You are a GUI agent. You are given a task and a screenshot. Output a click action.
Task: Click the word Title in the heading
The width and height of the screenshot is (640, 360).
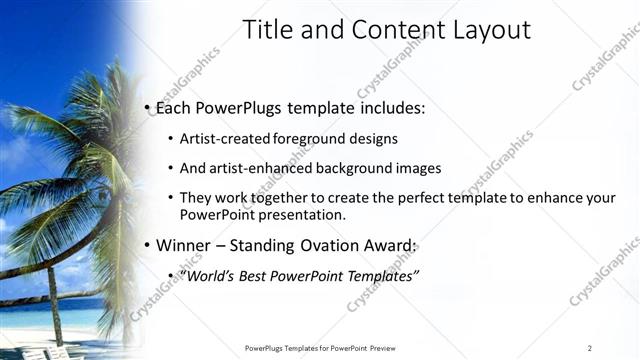tap(267, 30)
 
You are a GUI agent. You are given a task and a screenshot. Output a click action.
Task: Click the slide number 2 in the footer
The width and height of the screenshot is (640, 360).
tap(590, 347)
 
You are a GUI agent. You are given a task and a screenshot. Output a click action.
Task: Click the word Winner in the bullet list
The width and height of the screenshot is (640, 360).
tap(183, 245)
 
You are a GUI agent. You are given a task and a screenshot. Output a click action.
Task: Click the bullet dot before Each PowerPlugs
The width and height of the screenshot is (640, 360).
tap(148, 107)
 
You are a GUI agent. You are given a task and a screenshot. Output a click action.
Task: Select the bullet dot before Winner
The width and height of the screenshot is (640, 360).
tap(148, 245)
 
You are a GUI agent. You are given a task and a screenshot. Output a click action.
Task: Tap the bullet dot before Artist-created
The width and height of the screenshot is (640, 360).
tap(171, 138)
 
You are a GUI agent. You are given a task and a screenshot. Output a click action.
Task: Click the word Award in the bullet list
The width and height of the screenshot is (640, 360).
tap(391, 245)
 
